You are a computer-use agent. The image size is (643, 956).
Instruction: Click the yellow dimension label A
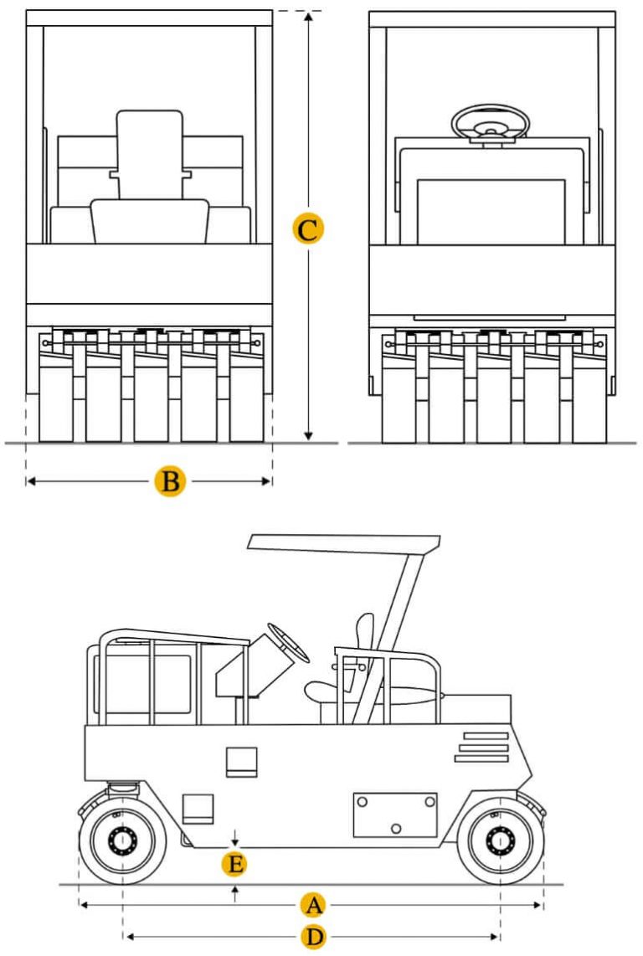point(314,905)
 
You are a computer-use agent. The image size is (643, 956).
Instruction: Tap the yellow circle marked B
point(170,481)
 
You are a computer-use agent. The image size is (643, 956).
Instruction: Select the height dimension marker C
point(308,229)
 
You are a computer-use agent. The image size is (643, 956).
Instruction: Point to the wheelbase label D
point(314,937)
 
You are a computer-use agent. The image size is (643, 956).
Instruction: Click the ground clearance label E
point(235,865)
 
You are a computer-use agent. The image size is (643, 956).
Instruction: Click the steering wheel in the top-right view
point(491,122)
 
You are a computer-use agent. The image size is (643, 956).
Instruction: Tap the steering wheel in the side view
point(288,643)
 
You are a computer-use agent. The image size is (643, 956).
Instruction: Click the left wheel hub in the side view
point(122,840)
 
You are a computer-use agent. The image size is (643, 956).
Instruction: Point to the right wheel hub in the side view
point(501,840)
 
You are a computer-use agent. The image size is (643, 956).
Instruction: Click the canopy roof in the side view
point(344,544)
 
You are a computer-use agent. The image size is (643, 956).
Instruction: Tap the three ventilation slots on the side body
point(482,747)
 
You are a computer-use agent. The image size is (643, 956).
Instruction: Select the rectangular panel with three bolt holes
point(395,815)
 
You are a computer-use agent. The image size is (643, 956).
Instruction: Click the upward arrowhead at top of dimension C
point(309,17)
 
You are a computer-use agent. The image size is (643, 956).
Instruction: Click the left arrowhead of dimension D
point(129,937)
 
